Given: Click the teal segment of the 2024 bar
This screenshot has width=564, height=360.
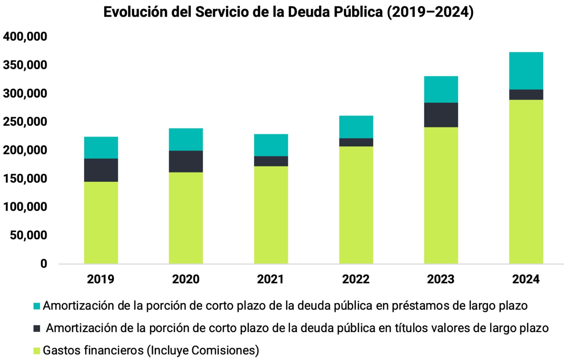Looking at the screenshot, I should click(526, 71).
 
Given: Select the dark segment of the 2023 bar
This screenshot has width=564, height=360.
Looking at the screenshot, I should click(441, 115).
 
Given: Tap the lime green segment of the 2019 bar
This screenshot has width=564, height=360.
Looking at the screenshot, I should click(101, 222).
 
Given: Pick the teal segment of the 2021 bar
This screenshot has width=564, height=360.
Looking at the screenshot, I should click(271, 145).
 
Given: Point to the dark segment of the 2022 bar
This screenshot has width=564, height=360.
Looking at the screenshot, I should click(356, 142).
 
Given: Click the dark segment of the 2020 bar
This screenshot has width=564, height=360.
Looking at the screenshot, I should click(186, 162).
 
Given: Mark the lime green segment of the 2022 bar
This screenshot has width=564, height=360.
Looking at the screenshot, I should click(356, 205).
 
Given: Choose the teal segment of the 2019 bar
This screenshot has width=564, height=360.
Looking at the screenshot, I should click(101, 148).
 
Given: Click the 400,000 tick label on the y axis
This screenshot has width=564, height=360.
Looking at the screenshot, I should click(25, 37).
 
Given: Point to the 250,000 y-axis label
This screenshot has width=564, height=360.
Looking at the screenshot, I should click(25, 122).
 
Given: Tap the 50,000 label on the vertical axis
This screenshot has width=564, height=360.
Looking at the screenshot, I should click(28, 235).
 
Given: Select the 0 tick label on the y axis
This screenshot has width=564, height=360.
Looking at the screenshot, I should click(43, 264).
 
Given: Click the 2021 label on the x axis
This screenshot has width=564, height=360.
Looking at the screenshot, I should click(271, 279).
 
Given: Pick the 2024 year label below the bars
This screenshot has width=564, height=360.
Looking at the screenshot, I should click(526, 279).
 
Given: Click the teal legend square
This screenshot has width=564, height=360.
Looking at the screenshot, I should click(37, 306).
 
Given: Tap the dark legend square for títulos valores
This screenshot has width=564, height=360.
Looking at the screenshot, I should click(37, 328).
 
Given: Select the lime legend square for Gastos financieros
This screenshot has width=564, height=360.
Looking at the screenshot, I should click(37, 351).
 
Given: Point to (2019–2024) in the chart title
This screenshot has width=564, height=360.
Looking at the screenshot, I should click(430, 12).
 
